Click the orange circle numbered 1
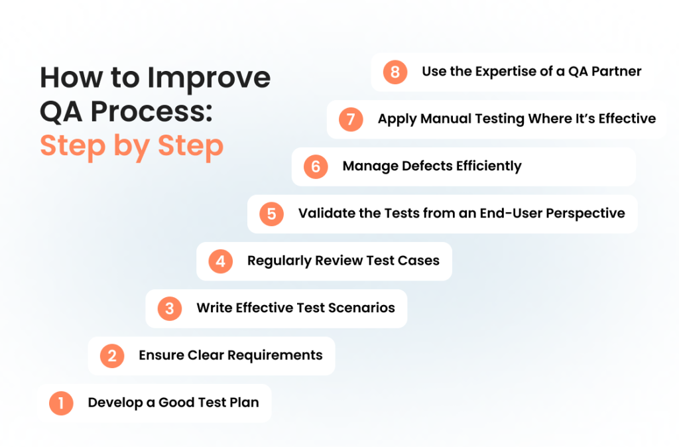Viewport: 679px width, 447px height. (x=61, y=403)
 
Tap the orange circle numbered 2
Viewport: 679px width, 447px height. (x=112, y=356)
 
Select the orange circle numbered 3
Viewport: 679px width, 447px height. (x=170, y=308)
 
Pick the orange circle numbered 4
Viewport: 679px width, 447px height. (x=221, y=261)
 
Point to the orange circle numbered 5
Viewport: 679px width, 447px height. (x=271, y=214)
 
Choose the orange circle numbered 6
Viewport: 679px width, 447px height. (x=316, y=166)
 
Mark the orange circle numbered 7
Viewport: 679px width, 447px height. (x=351, y=119)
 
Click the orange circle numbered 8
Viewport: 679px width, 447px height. (x=395, y=72)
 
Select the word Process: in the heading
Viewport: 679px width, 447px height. (x=152, y=111)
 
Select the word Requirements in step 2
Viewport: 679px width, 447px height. (x=275, y=355)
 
